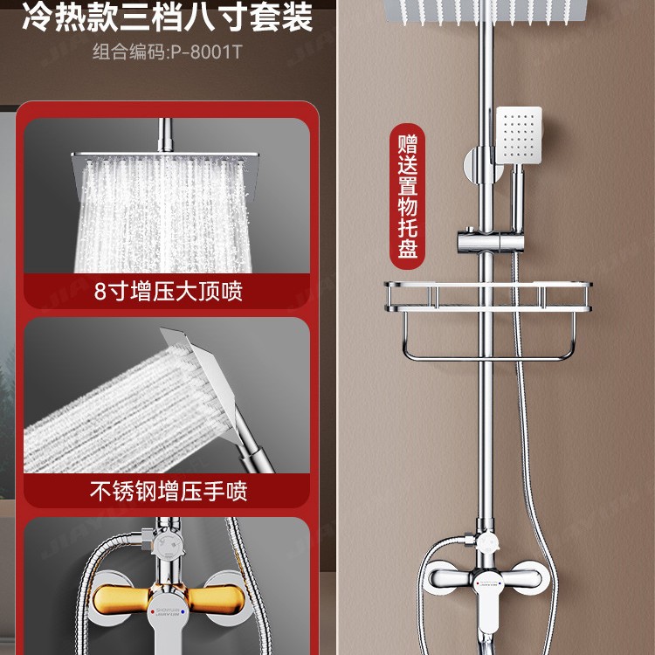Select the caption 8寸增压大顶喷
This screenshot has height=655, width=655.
click(x=169, y=291)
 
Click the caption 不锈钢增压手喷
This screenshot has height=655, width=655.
click(x=169, y=491)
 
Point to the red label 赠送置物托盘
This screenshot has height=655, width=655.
click(x=408, y=196)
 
